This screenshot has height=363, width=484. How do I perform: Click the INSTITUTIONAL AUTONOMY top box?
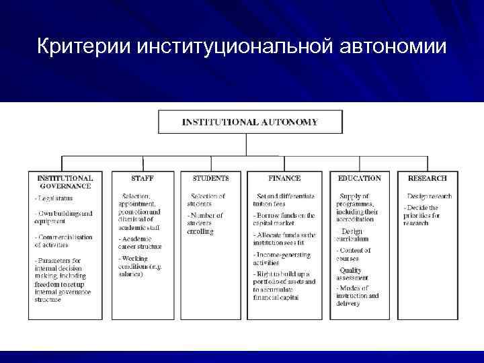tap(250, 122)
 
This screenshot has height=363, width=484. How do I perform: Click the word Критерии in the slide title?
tap(83, 47)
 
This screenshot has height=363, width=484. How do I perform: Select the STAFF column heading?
tap(143, 178)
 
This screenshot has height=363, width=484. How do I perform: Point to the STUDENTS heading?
tap(210, 178)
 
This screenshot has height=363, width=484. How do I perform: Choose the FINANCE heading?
tap(284, 178)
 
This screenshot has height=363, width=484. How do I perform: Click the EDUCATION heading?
tap(359, 178)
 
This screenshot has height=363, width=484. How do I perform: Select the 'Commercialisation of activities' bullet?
tap(66, 241)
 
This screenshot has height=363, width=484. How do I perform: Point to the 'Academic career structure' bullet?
tap(140, 243)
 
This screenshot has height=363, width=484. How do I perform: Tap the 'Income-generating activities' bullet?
tap(282, 259)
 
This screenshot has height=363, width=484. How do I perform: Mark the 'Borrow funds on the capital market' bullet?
tap(284, 220)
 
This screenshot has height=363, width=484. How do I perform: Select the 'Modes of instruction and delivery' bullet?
tap(357, 295)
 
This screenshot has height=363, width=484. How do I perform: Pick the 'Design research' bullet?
tap(428, 196)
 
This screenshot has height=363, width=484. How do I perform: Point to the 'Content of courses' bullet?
tap(354, 255)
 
